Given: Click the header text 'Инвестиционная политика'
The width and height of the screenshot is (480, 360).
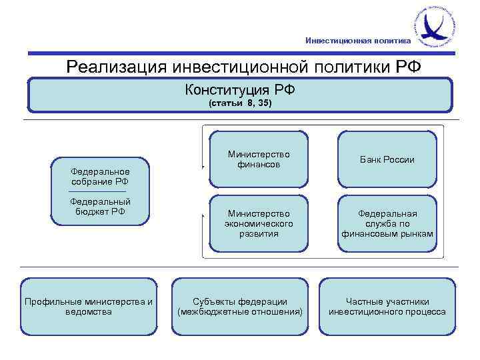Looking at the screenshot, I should click(358, 40).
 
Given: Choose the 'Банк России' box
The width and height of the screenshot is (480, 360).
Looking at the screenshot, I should click(387, 159).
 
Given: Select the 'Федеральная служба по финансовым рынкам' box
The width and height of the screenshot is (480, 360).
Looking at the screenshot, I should click(387, 224).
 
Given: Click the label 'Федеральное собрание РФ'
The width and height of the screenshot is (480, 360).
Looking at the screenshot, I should click(100, 177).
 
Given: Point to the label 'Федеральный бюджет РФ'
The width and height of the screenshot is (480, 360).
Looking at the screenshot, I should click(100, 207).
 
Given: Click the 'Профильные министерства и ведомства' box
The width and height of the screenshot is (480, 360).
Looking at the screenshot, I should click(89, 307).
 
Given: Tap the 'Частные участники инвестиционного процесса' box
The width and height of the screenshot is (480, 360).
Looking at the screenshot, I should click(387, 307).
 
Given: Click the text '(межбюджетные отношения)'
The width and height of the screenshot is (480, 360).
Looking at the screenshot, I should click(240, 312).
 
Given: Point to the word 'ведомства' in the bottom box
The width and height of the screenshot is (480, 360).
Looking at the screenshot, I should click(89, 312).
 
